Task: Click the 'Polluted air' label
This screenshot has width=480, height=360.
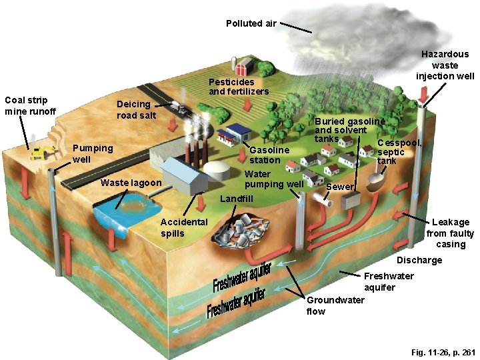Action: pyautogui.click(x=251, y=23)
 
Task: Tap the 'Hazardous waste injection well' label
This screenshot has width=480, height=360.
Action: pyautogui.click(x=445, y=65)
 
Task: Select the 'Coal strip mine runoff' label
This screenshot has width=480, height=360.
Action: pyautogui.click(x=30, y=105)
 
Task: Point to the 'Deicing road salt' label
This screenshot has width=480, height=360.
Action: pyautogui.click(x=136, y=109)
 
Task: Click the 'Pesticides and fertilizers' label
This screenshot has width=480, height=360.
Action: pyautogui.click(x=239, y=86)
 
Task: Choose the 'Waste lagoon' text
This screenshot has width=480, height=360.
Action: pyautogui.click(x=130, y=183)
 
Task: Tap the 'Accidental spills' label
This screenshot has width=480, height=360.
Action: pyautogui.click(x=184, y=227)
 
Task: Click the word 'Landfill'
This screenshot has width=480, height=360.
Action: pyautogui.click(x=236, y=199)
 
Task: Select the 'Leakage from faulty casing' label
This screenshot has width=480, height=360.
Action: pyautogui.click(x=451, y=233)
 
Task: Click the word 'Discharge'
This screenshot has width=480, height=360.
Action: pyautogui.click(x=419, y=260)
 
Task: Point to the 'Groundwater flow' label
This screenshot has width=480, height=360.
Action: pyautogui.click(x=335, y=305)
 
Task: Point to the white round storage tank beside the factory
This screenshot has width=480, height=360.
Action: pyautogui.click(x=217, y=169)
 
